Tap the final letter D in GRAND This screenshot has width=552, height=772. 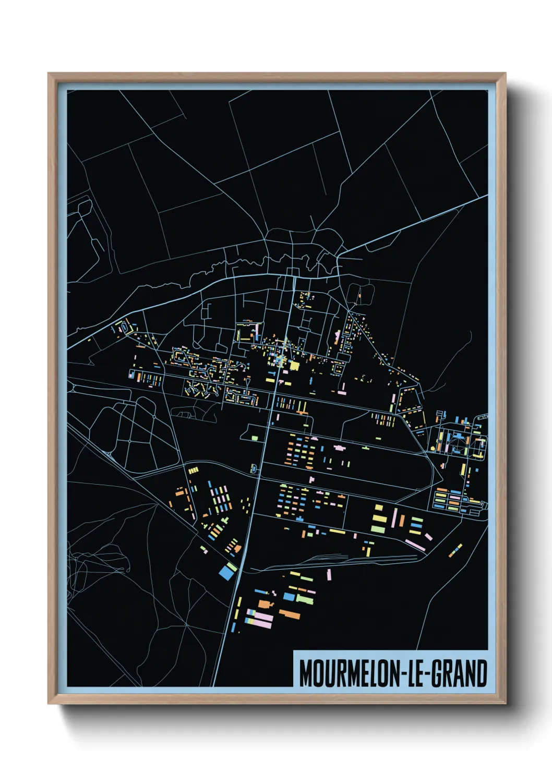coord(482,673)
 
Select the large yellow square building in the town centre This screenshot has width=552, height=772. coord(294,366)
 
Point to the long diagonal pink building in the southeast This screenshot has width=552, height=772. coord(415,545)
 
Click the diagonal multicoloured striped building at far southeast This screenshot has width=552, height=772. coord(455,550)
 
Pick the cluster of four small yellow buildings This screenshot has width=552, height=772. coord(193,471)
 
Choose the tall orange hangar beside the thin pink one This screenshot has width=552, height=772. coord(402,520)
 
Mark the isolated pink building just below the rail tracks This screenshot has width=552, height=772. coord(329,574)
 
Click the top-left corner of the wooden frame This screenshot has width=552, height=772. coord(49,74)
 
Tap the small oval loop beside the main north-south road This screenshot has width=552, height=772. coord(254,468)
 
